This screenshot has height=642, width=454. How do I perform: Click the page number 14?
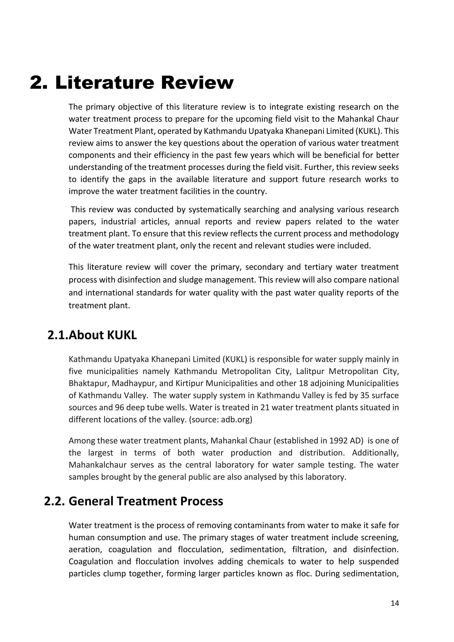point(394,603)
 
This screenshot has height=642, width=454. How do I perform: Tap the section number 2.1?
point(58,335)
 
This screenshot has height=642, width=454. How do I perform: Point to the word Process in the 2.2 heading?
point(201,501)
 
